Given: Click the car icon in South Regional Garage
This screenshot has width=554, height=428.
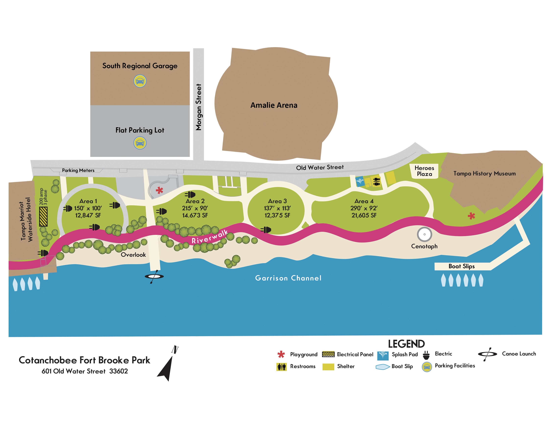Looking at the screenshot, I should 140,81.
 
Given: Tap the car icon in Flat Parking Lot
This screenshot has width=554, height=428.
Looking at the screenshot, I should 140,143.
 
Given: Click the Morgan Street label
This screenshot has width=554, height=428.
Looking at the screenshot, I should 198,107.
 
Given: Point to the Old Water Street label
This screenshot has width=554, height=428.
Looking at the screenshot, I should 320,167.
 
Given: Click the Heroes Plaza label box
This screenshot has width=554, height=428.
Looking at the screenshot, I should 424,171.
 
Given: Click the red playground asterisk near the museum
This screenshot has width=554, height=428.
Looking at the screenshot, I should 471,216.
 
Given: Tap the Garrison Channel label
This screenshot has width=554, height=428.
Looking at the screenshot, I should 288,278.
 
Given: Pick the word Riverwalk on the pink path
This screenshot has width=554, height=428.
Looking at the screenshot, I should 210,237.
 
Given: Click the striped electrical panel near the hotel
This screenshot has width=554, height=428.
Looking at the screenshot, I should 43,217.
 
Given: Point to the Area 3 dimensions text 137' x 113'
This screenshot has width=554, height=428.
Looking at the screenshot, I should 277,208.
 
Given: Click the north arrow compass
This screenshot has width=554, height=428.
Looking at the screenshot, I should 167,365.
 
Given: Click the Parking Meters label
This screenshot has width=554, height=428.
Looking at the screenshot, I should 78,170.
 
